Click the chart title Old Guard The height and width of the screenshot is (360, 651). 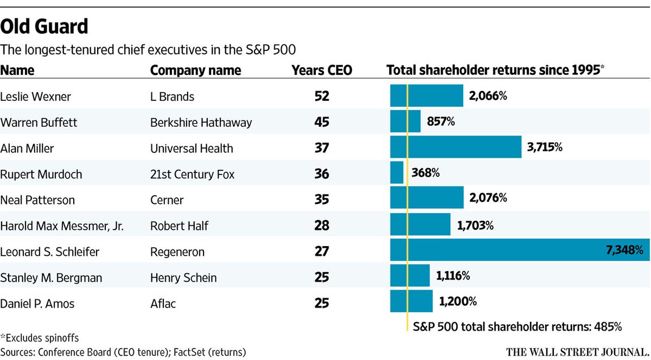pos(44,27)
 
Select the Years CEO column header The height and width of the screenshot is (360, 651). pos(321,70)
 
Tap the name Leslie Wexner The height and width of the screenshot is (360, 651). pos(36,97)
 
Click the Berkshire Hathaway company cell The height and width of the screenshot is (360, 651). pos(201,123)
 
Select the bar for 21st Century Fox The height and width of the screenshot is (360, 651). pos(397,173)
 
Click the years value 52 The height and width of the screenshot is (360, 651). pos(322,97)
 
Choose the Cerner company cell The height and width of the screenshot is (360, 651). pos(167,200)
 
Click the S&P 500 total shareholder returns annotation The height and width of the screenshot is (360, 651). pos(516,327)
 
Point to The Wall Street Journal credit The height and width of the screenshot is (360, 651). pos(577,351)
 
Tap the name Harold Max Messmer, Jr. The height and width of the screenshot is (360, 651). pos(62,226)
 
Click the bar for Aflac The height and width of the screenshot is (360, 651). pos(411,301)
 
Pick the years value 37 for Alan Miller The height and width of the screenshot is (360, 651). pos(322,148)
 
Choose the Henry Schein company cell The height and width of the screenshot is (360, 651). pos(183,278)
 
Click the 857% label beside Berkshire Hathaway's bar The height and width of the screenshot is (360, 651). pos(440,121)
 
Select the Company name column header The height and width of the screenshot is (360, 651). pos(195,70)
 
